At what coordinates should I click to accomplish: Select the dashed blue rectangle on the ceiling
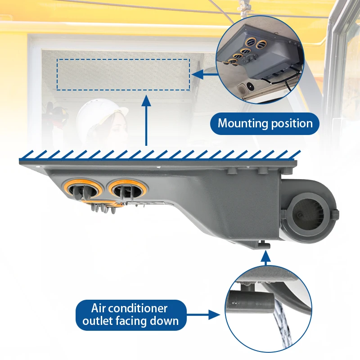(x=123, y=74)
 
